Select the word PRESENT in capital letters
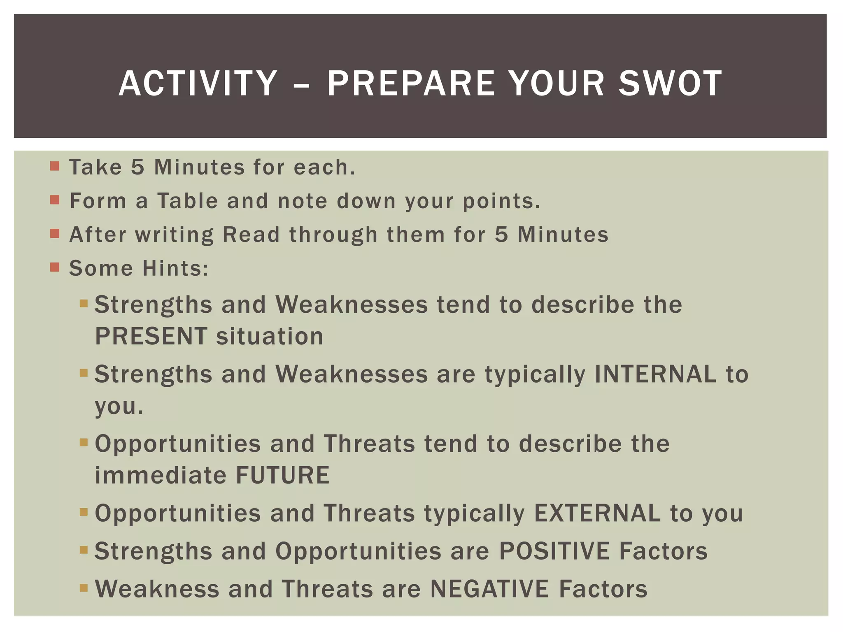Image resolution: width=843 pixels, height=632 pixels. (x=151, y=336)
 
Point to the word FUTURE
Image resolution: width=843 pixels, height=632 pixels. (x=283, y=475)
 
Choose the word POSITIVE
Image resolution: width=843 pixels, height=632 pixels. (x=554, y=551)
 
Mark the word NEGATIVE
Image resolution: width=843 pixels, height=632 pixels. (x=489, y=589)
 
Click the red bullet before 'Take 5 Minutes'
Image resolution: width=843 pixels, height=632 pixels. (x=55, y=167)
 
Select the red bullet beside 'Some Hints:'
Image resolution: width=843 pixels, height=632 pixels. (x=55, y=267)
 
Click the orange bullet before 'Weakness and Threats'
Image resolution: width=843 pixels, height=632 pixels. (x=84, y=588)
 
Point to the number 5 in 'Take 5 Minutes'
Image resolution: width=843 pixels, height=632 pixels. (x=138, y=167)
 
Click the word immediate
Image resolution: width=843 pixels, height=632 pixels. (x=161, y=475)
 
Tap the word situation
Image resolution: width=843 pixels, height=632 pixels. (x=270, y=336)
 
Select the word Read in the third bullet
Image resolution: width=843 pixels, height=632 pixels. (x=251, y=235)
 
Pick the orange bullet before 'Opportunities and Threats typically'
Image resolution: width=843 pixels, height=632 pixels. (x=84, y=512)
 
